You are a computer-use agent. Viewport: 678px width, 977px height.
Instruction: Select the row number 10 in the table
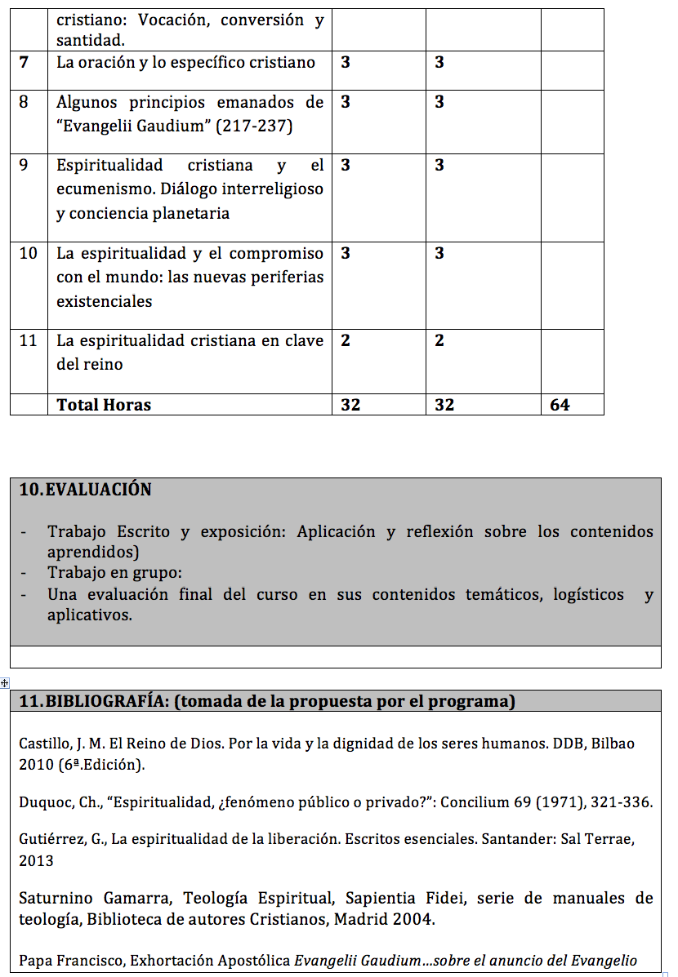click(29, 253)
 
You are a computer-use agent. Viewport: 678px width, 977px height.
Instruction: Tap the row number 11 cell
click(29, 340)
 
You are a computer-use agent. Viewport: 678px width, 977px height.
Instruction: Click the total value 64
click(560, 405)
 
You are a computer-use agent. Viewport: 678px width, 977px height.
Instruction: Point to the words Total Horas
click(104, 405)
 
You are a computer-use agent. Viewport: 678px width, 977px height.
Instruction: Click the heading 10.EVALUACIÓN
click(85, 490)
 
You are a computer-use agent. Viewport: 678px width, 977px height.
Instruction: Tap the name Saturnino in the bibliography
click(56, 899)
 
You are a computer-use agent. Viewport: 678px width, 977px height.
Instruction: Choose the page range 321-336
click(624, 802)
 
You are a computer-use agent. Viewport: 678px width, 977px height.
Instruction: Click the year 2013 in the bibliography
click(36, 860)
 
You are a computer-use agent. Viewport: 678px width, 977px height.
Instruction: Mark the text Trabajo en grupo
click(114, 573)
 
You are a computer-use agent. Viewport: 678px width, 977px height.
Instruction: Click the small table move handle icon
click(5, 682)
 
